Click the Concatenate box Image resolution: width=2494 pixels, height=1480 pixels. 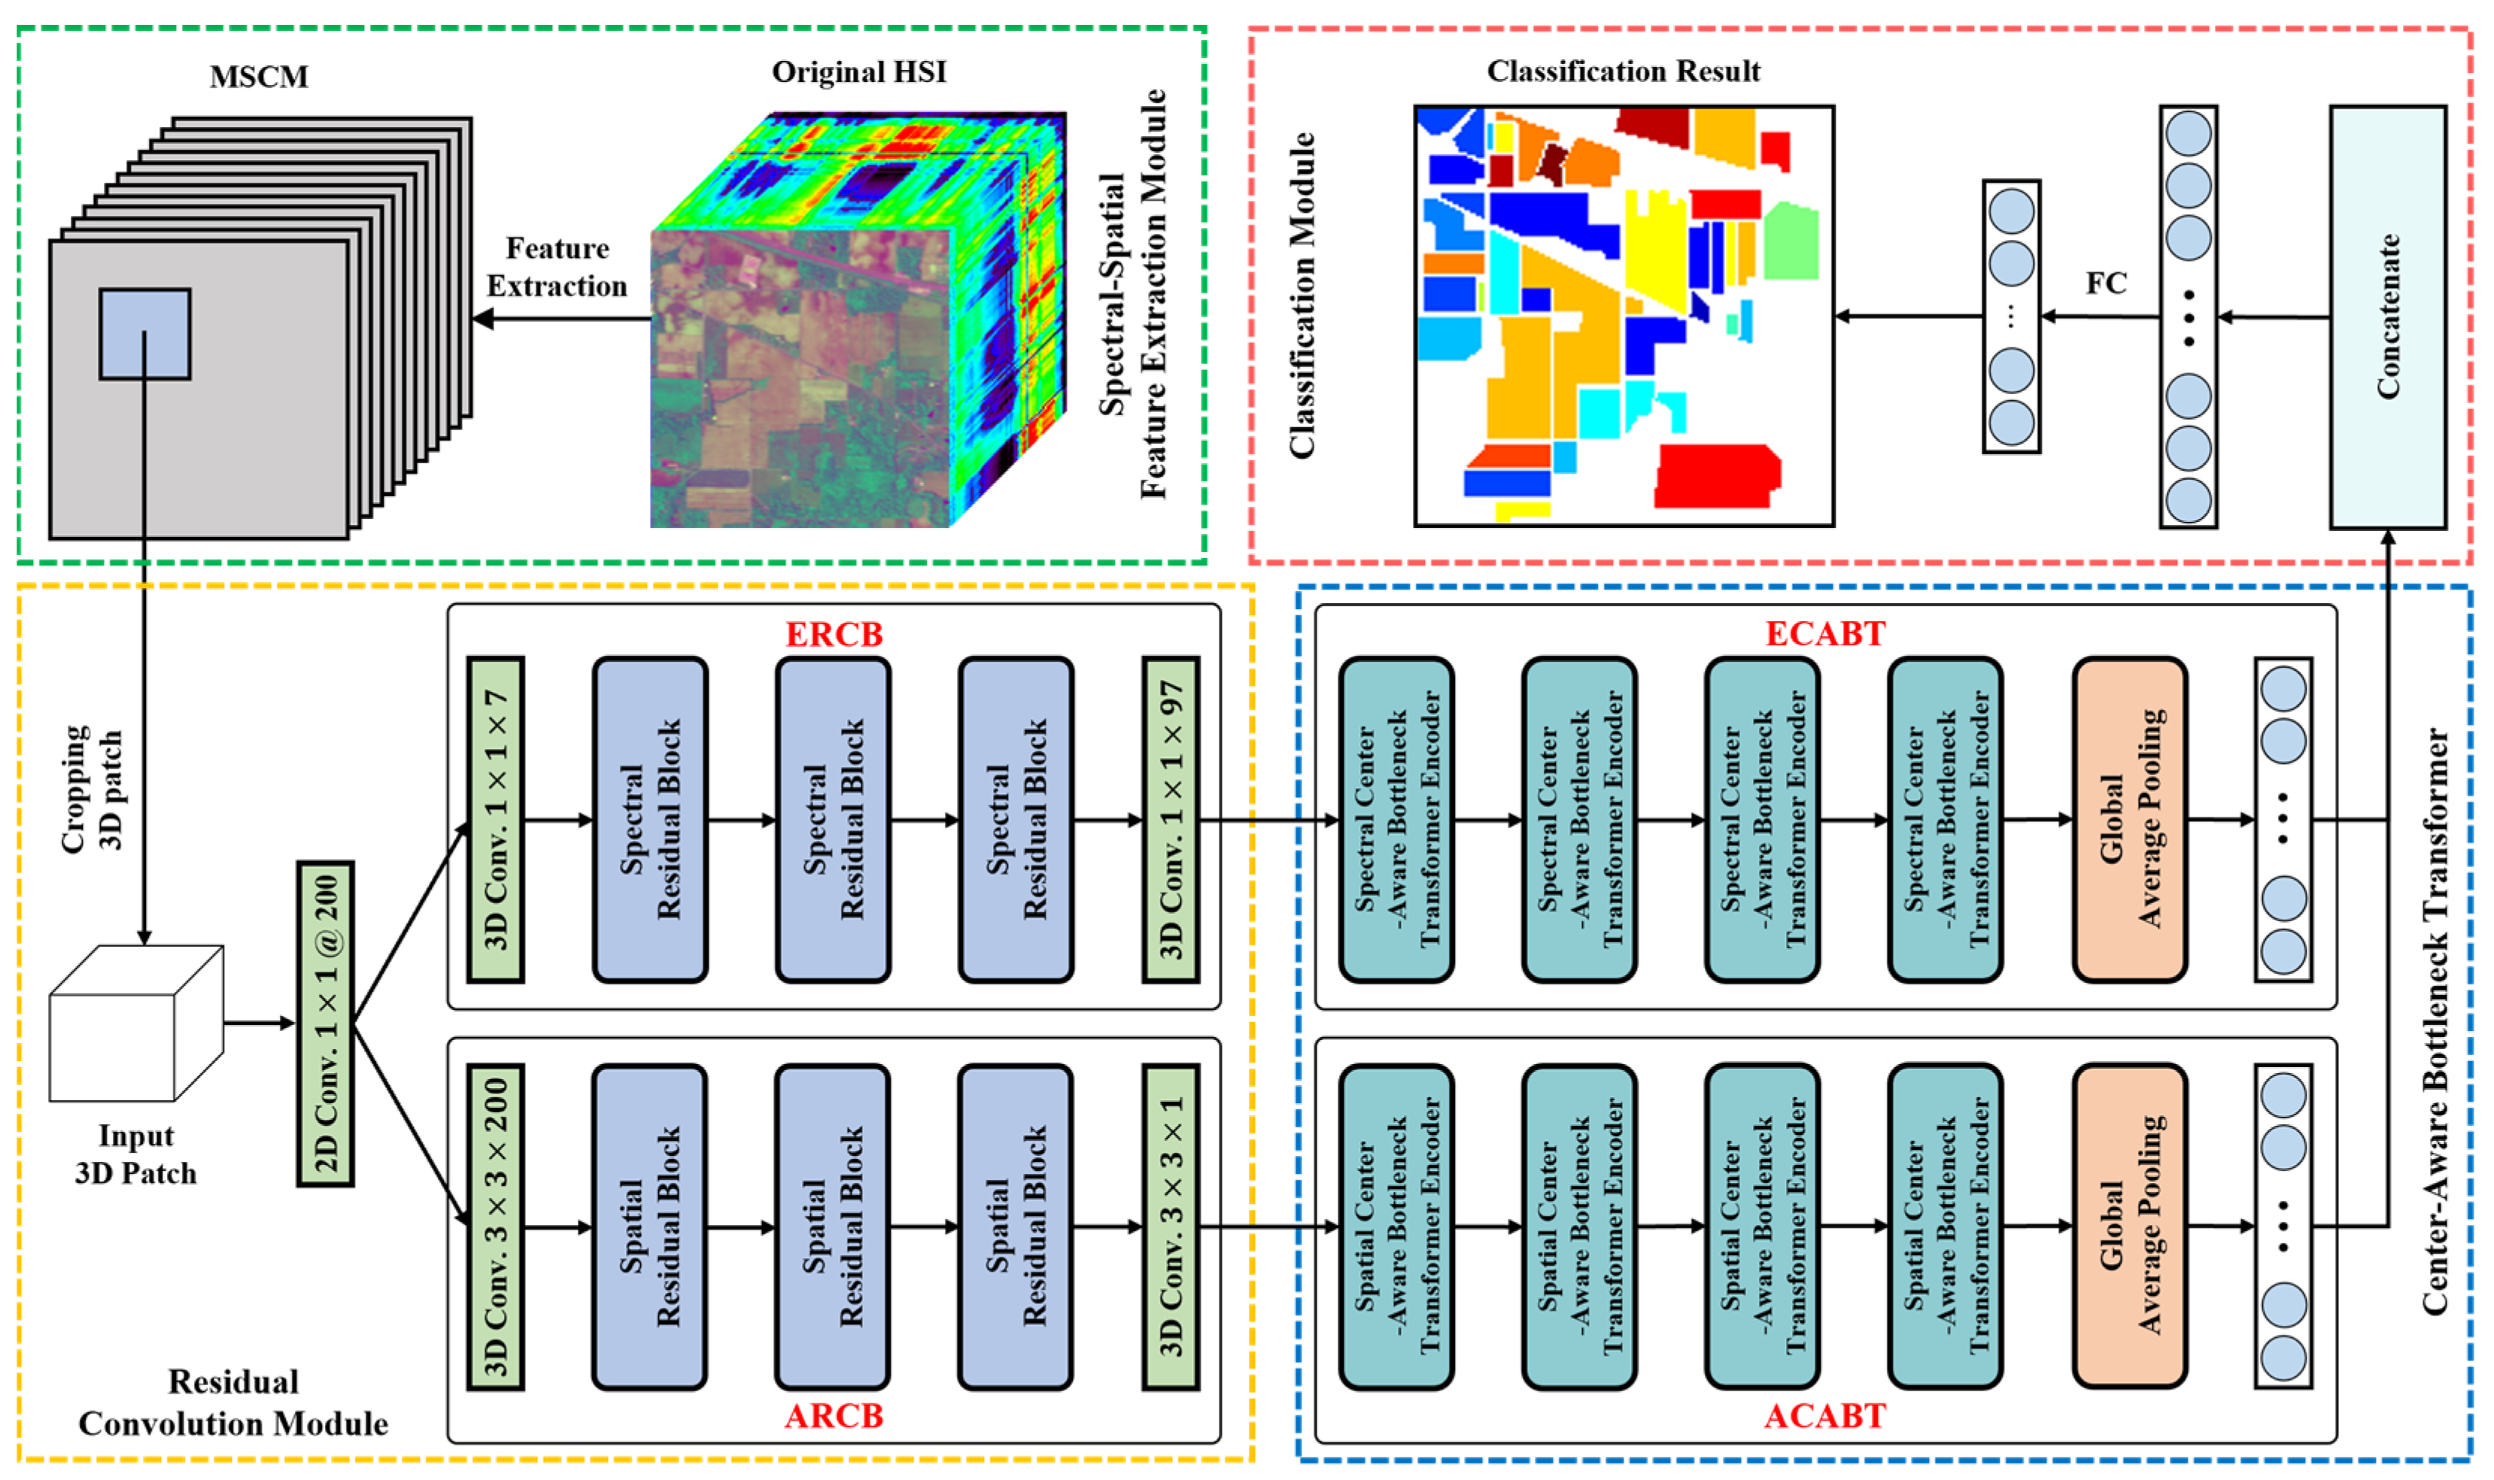tap(2386, 317)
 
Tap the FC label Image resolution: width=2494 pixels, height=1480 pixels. tap(2105, 284)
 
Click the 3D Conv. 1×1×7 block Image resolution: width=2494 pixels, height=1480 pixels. tap(496, 820)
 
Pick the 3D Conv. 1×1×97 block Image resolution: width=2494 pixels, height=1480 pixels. tap(1170, 820)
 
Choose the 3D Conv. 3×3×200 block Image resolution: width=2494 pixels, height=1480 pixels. tap(496, 1227)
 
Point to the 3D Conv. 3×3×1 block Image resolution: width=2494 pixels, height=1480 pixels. tap(1170, 1227)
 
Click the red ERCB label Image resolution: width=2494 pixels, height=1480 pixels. tap(834, 634)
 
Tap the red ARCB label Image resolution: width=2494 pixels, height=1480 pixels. tap(834, 1415)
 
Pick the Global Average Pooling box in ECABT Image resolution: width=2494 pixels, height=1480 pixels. tap(2129, 820)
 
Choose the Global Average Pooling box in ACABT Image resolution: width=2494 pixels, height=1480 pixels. tap(2129, 1227)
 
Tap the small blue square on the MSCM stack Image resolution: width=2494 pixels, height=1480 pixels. tap(144, 334)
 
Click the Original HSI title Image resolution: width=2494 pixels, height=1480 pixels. tap(859, 71)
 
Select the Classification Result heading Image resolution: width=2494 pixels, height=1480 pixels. tap(1623, 71)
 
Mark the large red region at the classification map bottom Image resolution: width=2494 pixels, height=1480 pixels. tap(1716, 477)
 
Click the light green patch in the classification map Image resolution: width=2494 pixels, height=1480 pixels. tap(1791, 241)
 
